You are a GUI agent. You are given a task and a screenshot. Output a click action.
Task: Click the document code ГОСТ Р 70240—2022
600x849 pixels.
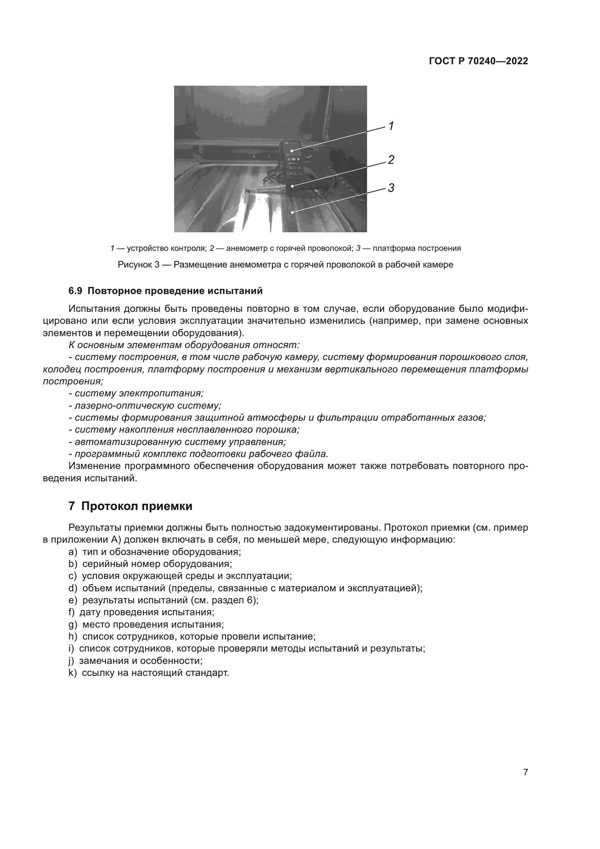(478, 61)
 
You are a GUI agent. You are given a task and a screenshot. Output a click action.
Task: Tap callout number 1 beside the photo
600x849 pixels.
(391, 126)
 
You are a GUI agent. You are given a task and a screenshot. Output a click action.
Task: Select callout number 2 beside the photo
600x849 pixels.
(391, 160)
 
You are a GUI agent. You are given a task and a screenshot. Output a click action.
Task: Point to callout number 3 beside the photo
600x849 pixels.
(391, 188)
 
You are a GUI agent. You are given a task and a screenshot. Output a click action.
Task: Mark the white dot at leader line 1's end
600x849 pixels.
(292, 151)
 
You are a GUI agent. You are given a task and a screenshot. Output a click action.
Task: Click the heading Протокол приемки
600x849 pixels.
(137, 506)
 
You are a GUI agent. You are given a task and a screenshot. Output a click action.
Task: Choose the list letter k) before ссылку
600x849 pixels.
(73, 673)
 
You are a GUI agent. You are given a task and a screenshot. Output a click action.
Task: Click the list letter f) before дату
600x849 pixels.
(72, 612)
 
